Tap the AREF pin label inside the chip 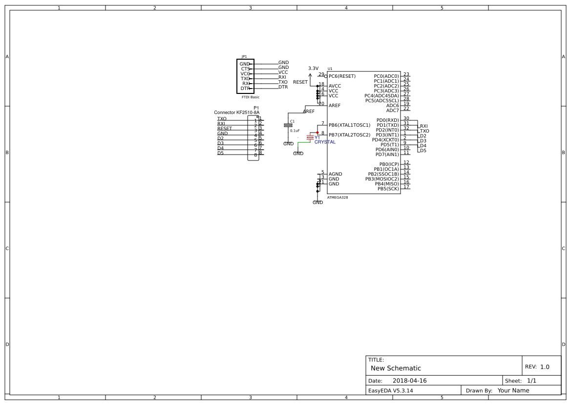coord(335,106)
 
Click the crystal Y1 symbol coord(310,137)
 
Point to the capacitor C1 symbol coord(288,125)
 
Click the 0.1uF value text coord(295,131)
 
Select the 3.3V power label coord(313,68)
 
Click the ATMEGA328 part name coord(338,198)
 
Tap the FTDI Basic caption coord(251,97)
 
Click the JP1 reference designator coord(244,57)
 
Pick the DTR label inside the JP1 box coord(245,89)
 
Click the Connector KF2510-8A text coord(237,112)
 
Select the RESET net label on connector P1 coord(225,129)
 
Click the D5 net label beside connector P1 coord(221,153)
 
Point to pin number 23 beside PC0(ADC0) coord(406,74)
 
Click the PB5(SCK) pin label coord(388,189)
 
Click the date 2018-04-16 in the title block coord(409,381)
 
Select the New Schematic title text coord(396,368)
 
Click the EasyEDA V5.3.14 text coord(390,390)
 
